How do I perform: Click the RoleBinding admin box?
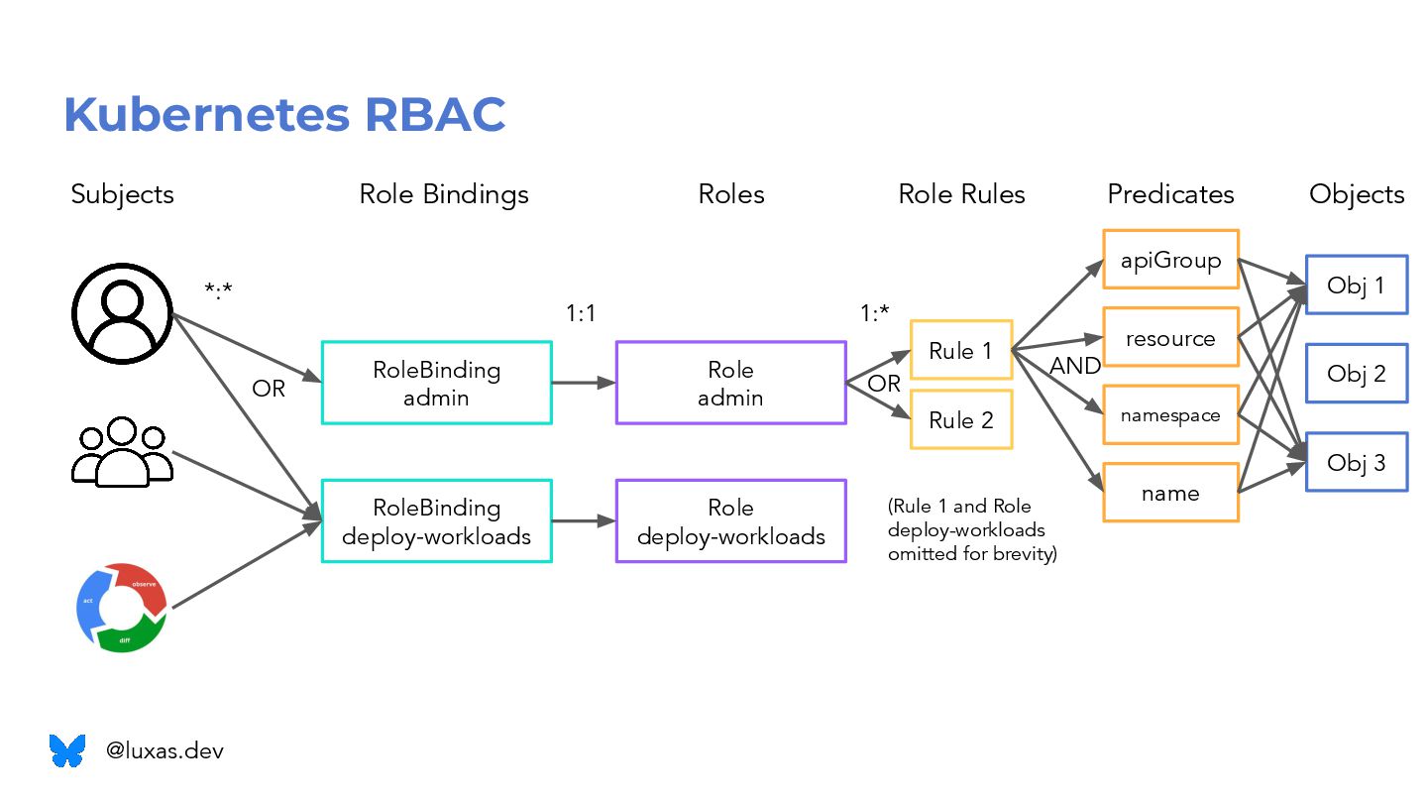pos(436,383)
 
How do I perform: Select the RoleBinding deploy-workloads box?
pos(436,521)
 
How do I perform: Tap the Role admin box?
pos(730,383)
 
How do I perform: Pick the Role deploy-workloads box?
pos(730,521)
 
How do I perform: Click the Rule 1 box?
pos(960,349)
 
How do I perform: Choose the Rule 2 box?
pos(960,420)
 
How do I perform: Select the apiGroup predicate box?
pos(1170,260)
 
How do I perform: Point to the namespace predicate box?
pos(1170,415)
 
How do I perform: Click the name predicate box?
pos(1170,493)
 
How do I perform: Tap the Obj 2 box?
pos(1356,374)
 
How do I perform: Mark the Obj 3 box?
pos(1356,462)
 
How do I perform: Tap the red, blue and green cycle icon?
pos(122,607)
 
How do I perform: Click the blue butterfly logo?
pos(67,750)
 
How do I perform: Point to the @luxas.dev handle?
pos(165,750)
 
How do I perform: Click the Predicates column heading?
pos(1170,193)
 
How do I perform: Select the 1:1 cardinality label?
pos(581,313)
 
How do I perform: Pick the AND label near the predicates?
pos(1075,366)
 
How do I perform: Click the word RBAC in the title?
pos(435,114)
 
